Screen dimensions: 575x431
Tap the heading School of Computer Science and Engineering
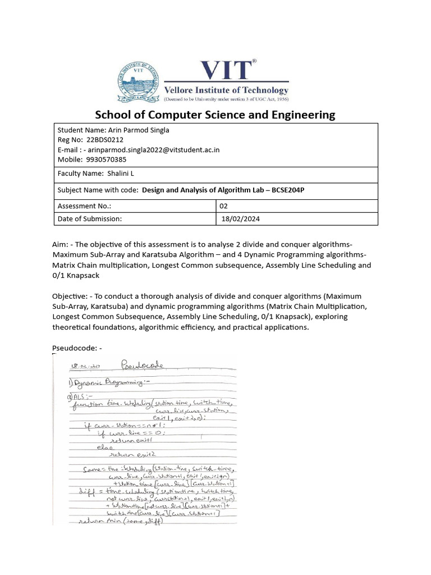(x=215, y=115)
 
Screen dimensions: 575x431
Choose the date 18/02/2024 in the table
(x=241, y=218)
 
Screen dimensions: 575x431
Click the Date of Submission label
(x=90, y=218)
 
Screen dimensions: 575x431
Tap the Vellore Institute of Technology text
(x=226, y=90)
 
